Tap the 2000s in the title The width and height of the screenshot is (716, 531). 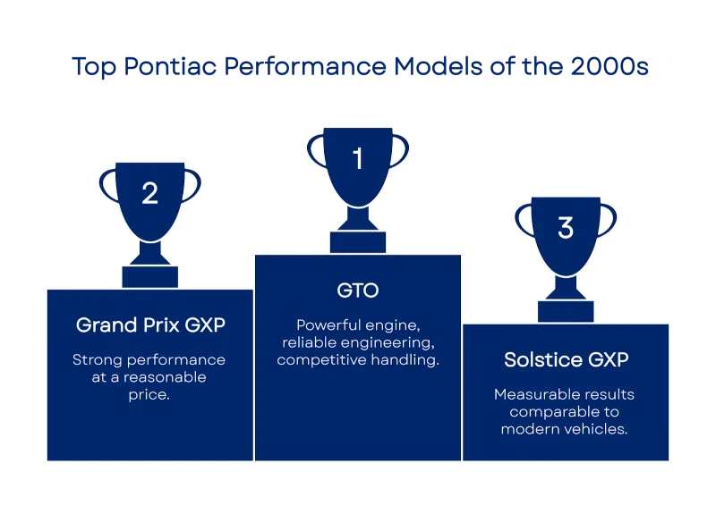609,66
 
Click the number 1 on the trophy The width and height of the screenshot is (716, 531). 358,158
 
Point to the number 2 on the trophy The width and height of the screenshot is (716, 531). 149,193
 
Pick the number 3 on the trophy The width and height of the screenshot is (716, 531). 566,228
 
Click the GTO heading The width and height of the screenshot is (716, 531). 358,291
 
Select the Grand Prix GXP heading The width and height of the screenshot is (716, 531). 150,325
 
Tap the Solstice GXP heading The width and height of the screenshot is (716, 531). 567,360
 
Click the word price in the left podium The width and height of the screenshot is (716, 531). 149,394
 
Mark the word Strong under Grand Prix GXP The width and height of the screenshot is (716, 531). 98,360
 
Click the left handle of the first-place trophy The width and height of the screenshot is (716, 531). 316,151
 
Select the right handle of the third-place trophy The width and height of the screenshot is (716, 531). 608,221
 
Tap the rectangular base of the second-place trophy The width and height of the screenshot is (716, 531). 150,277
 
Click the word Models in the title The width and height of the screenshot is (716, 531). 438,66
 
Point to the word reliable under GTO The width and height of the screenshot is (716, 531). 310,342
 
